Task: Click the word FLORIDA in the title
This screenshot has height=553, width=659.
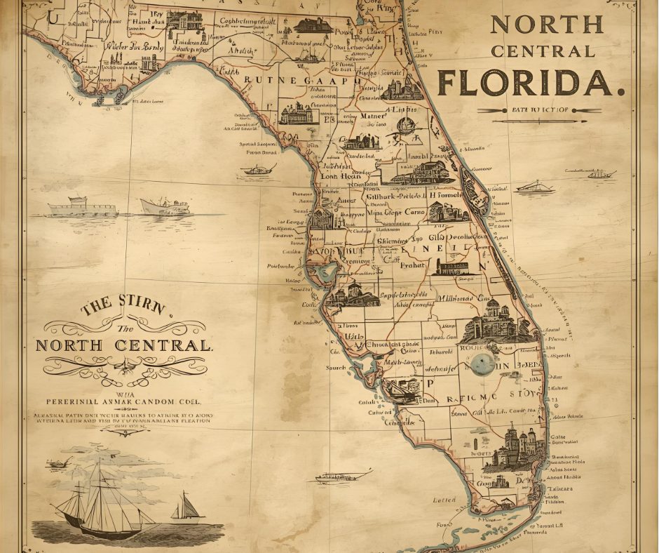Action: tap(531, 82)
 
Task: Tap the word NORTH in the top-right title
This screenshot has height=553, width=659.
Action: tap(546, 24)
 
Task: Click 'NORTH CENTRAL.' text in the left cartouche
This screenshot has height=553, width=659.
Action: tap(123, 346)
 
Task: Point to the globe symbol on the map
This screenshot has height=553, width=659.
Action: tap(407, 127)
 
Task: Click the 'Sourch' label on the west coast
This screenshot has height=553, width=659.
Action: tap(336, 367)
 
